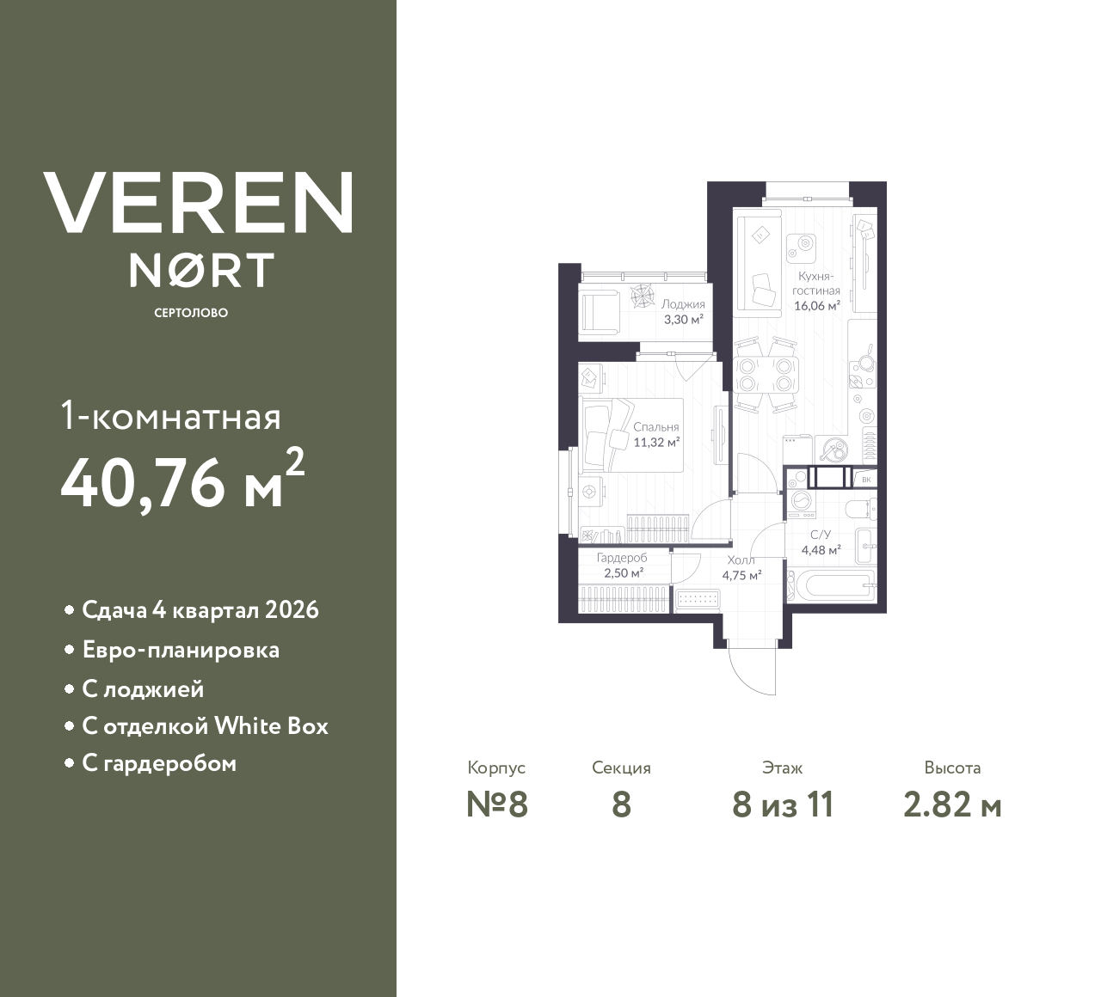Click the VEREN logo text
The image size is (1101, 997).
(x=198, y=203)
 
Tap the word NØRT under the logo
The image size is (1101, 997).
(x=201, y=270)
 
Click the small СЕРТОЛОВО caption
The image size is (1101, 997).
(x=191, y=313)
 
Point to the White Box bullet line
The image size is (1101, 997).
(x=205, y=726)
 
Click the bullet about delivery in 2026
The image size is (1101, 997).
(x=200, y=610)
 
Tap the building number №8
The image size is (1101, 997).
(x=496, y=804)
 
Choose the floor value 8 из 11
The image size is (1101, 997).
(x=783, y=804)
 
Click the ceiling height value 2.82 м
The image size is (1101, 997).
(x=952, y=804)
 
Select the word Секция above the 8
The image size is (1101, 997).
(x=621, y=768)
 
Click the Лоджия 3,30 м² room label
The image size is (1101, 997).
(x=683, y=312)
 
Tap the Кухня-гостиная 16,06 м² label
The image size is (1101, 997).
(x=816, y=291)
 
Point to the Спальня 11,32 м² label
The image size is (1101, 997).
(x=656, y=435)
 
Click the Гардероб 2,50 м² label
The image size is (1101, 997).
(x=622, y=566)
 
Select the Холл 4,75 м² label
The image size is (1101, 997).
(x=741, y=568)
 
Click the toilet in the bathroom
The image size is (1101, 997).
(x=859, y=509)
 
